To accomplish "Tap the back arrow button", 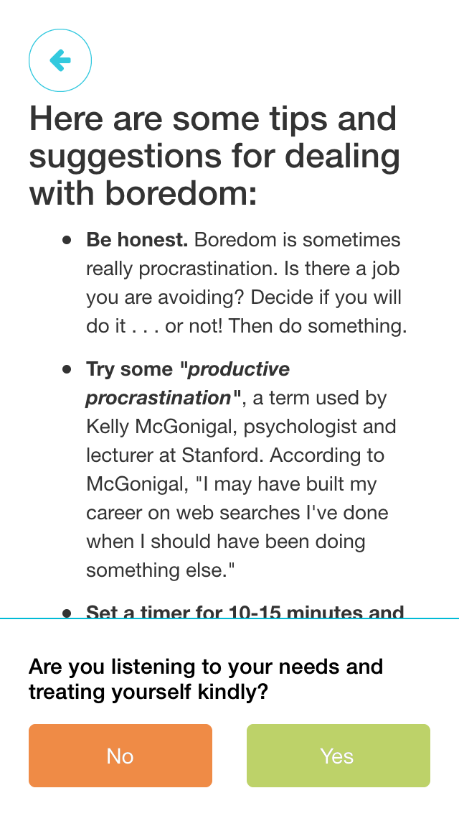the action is click(x=60, y=60).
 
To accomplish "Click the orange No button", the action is click(x=120, y=756).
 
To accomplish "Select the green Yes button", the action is click(x=338, y=756).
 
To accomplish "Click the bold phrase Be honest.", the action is click(x=137, y=240).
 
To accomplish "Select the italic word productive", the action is click(x=239, y=369).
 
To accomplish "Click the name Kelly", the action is click(x=108, y=427).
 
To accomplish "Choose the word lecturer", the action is click(x=119, y=455).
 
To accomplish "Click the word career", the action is click(x=113, y=514).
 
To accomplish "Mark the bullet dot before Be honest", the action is click(x=67, y=240).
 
